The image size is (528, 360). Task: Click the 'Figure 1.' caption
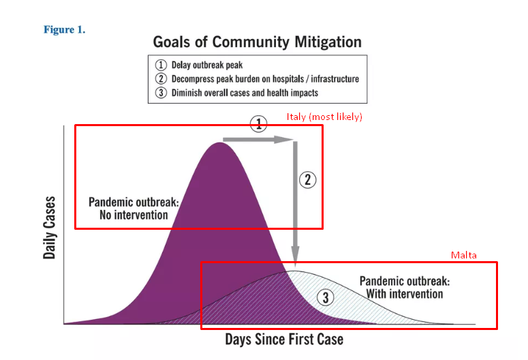click(64, 30)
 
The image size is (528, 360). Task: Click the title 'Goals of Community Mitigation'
click(258, 42)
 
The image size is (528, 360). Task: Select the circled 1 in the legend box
click(161, 65)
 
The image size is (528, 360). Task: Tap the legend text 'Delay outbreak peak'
click(206, 65)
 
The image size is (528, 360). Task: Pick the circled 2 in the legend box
click(161, 78)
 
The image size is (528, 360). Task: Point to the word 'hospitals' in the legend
click(288, 78)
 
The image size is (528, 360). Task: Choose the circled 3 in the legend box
click(161, 92)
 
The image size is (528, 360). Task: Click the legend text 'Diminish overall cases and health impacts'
click(245, 93)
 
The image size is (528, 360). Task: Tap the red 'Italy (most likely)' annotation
click(324, 117)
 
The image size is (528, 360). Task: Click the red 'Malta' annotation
click(464, 255)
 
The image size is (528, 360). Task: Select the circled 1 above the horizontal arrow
click(259, 123)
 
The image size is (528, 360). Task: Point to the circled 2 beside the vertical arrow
click(308, 180)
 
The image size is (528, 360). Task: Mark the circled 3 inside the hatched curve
click(325, 297)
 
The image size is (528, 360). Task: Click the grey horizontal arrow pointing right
click(258, 140)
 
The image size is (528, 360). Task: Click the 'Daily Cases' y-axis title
click(50, 228)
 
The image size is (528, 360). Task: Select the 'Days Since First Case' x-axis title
click(284, 339)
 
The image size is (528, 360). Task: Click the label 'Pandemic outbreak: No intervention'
click(134, 209)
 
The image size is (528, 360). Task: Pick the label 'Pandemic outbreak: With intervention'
click(405, 287)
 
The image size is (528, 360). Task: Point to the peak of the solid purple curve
click(219, 143)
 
